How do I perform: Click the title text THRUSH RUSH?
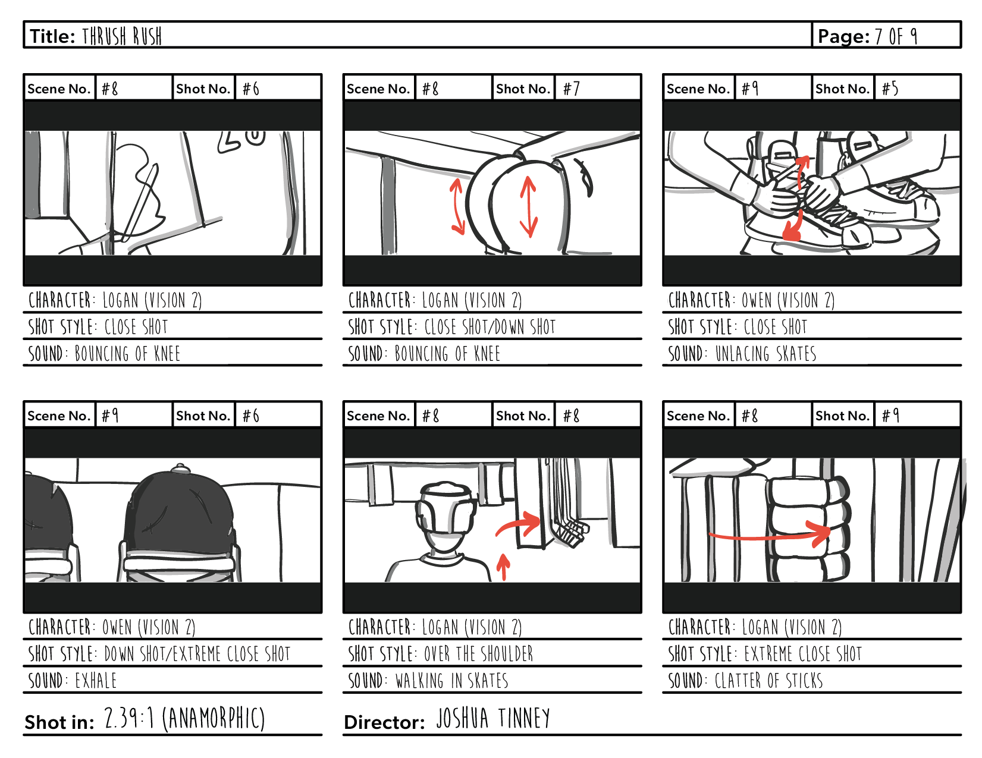click(x=122, y=36)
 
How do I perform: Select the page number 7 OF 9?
click(x=895, y=36)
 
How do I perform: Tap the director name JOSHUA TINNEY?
click(x=493, y=719)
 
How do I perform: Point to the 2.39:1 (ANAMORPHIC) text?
click(x=184, y=719)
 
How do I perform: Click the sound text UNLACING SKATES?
click(x=765, y=354)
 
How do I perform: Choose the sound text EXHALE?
click(x=96, y=681)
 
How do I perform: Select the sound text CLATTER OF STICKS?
click(x=768, y=681)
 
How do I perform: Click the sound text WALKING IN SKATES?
click(x=452, y=681)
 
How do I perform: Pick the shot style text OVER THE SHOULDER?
click(x=479, y=655)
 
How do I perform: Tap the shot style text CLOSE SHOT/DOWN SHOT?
click(x=490, y=328)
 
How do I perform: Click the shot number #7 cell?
click(x=597, y=89)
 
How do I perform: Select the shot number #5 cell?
click(x=916, y=89)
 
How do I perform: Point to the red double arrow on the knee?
click(x=528, y=206)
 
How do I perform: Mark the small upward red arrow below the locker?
click(x=503, y=567)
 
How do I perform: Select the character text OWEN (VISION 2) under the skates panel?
click(x=788, y=301)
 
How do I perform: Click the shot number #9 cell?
click(x=916, y=416)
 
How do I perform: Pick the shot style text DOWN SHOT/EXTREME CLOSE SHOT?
click(x=197, y=655)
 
